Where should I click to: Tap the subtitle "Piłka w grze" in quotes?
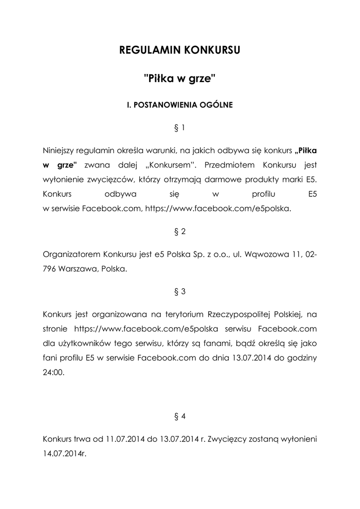pyautogui.click(x=180, y=78)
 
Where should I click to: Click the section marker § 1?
pyautogui.click(x=180, y=128)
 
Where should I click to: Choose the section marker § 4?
pyautogui.click(x=180, y=417)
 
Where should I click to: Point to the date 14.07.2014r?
pyautogui.click(x=65, y=455)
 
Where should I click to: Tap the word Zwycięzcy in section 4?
pyautogui.click(x=227, y=440)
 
